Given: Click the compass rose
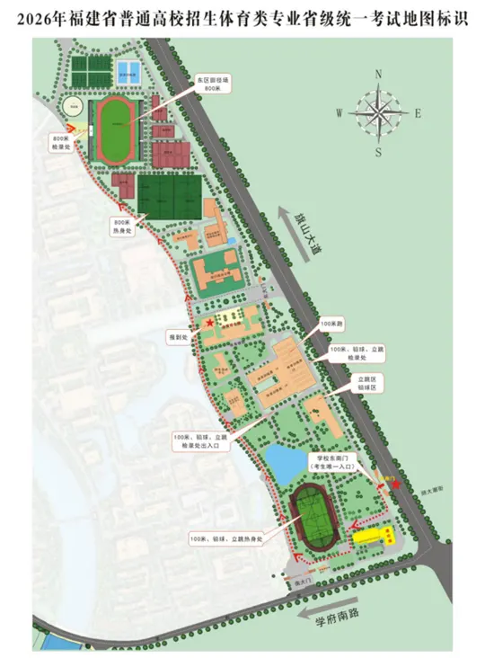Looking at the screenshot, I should pos(378,112).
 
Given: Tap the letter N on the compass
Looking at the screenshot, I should pos(378,76).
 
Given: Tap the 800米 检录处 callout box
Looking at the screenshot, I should pos(68,145).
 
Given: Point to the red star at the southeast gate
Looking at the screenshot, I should pos(395,485).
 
